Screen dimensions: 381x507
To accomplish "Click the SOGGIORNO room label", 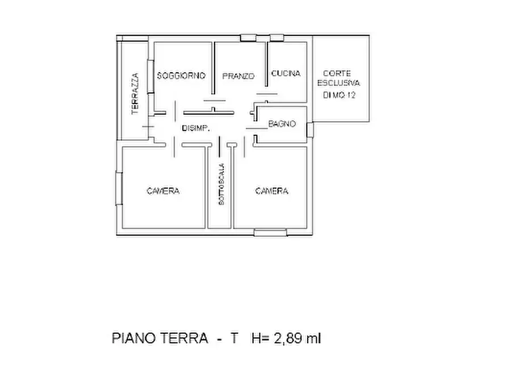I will pyautogui.click(x=181, y=75).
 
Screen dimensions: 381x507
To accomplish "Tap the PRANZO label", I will pyautogui.click(x=238, y=76).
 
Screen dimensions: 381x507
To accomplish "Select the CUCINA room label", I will pyautogui.click(x=286, y=73).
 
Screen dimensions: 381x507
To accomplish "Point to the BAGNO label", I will pyautogui.click(x=282, y=123).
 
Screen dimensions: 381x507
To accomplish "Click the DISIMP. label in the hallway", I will pyautogui.click(x=196, y=129).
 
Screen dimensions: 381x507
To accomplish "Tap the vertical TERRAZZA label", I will pyautogui.click(x=135, y=93).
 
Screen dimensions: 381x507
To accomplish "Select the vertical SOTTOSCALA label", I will pyautogui.click(x=221, y=184).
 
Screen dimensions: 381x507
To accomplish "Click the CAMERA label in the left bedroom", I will pyautogui.click(x=163, y=191).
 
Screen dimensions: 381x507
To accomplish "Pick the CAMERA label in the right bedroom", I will pyautogui.click(x=271, y=191).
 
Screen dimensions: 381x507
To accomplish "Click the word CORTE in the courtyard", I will pyautogui.click(x=337, y=73).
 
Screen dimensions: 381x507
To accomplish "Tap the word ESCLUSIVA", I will pyautogui.click(x=339, y=84).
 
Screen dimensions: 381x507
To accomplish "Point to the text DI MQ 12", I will pyautogui.click(x=339, y=95).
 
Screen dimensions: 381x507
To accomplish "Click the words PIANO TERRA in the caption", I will pyautogui.click(x=160, y=338).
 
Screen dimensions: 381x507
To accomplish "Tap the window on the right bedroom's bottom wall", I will pyautogui.click(x=270, y=231).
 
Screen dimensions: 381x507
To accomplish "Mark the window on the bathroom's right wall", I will pyautogui.click(x=309, y=129).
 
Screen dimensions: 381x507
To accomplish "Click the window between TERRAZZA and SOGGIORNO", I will pyautogui.click(x=150, y=76).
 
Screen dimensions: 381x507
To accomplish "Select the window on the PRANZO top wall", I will pyautogui.click(x=248, y=38).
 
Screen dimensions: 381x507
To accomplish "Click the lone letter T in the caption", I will pyautogui.click(x=233, y=338).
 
